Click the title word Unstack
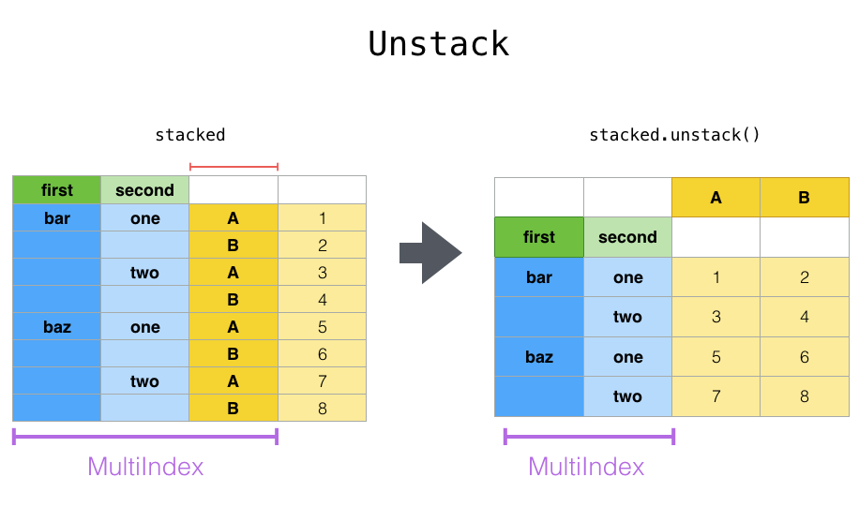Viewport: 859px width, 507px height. point(438,44)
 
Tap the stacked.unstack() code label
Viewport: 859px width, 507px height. point(674,135)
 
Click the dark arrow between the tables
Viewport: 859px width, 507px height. point(430,253)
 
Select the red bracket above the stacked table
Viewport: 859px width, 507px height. point(234,167)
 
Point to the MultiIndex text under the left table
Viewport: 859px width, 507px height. point(145,467)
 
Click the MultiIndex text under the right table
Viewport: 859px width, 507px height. point(586,467)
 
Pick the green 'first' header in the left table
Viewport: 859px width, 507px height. point(56,190)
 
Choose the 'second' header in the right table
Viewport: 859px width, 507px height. point(627,237)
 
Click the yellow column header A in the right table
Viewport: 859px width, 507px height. point(716,198)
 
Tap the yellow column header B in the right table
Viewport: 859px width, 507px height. point(804,198)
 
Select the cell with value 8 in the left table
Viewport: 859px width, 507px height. point(322,409)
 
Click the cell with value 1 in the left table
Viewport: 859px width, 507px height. point(322,218)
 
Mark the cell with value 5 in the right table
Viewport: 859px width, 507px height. point(716,357)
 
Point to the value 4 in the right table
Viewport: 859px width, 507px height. point(804,317)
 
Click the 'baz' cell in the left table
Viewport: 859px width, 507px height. point(56,327)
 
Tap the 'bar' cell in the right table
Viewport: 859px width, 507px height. point(539,277)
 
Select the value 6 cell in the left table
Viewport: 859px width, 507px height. point(322,354)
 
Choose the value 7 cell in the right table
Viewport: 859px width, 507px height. point(716,396)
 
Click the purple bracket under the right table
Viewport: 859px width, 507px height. point(589,437)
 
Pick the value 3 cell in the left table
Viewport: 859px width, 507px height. point(322,273)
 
